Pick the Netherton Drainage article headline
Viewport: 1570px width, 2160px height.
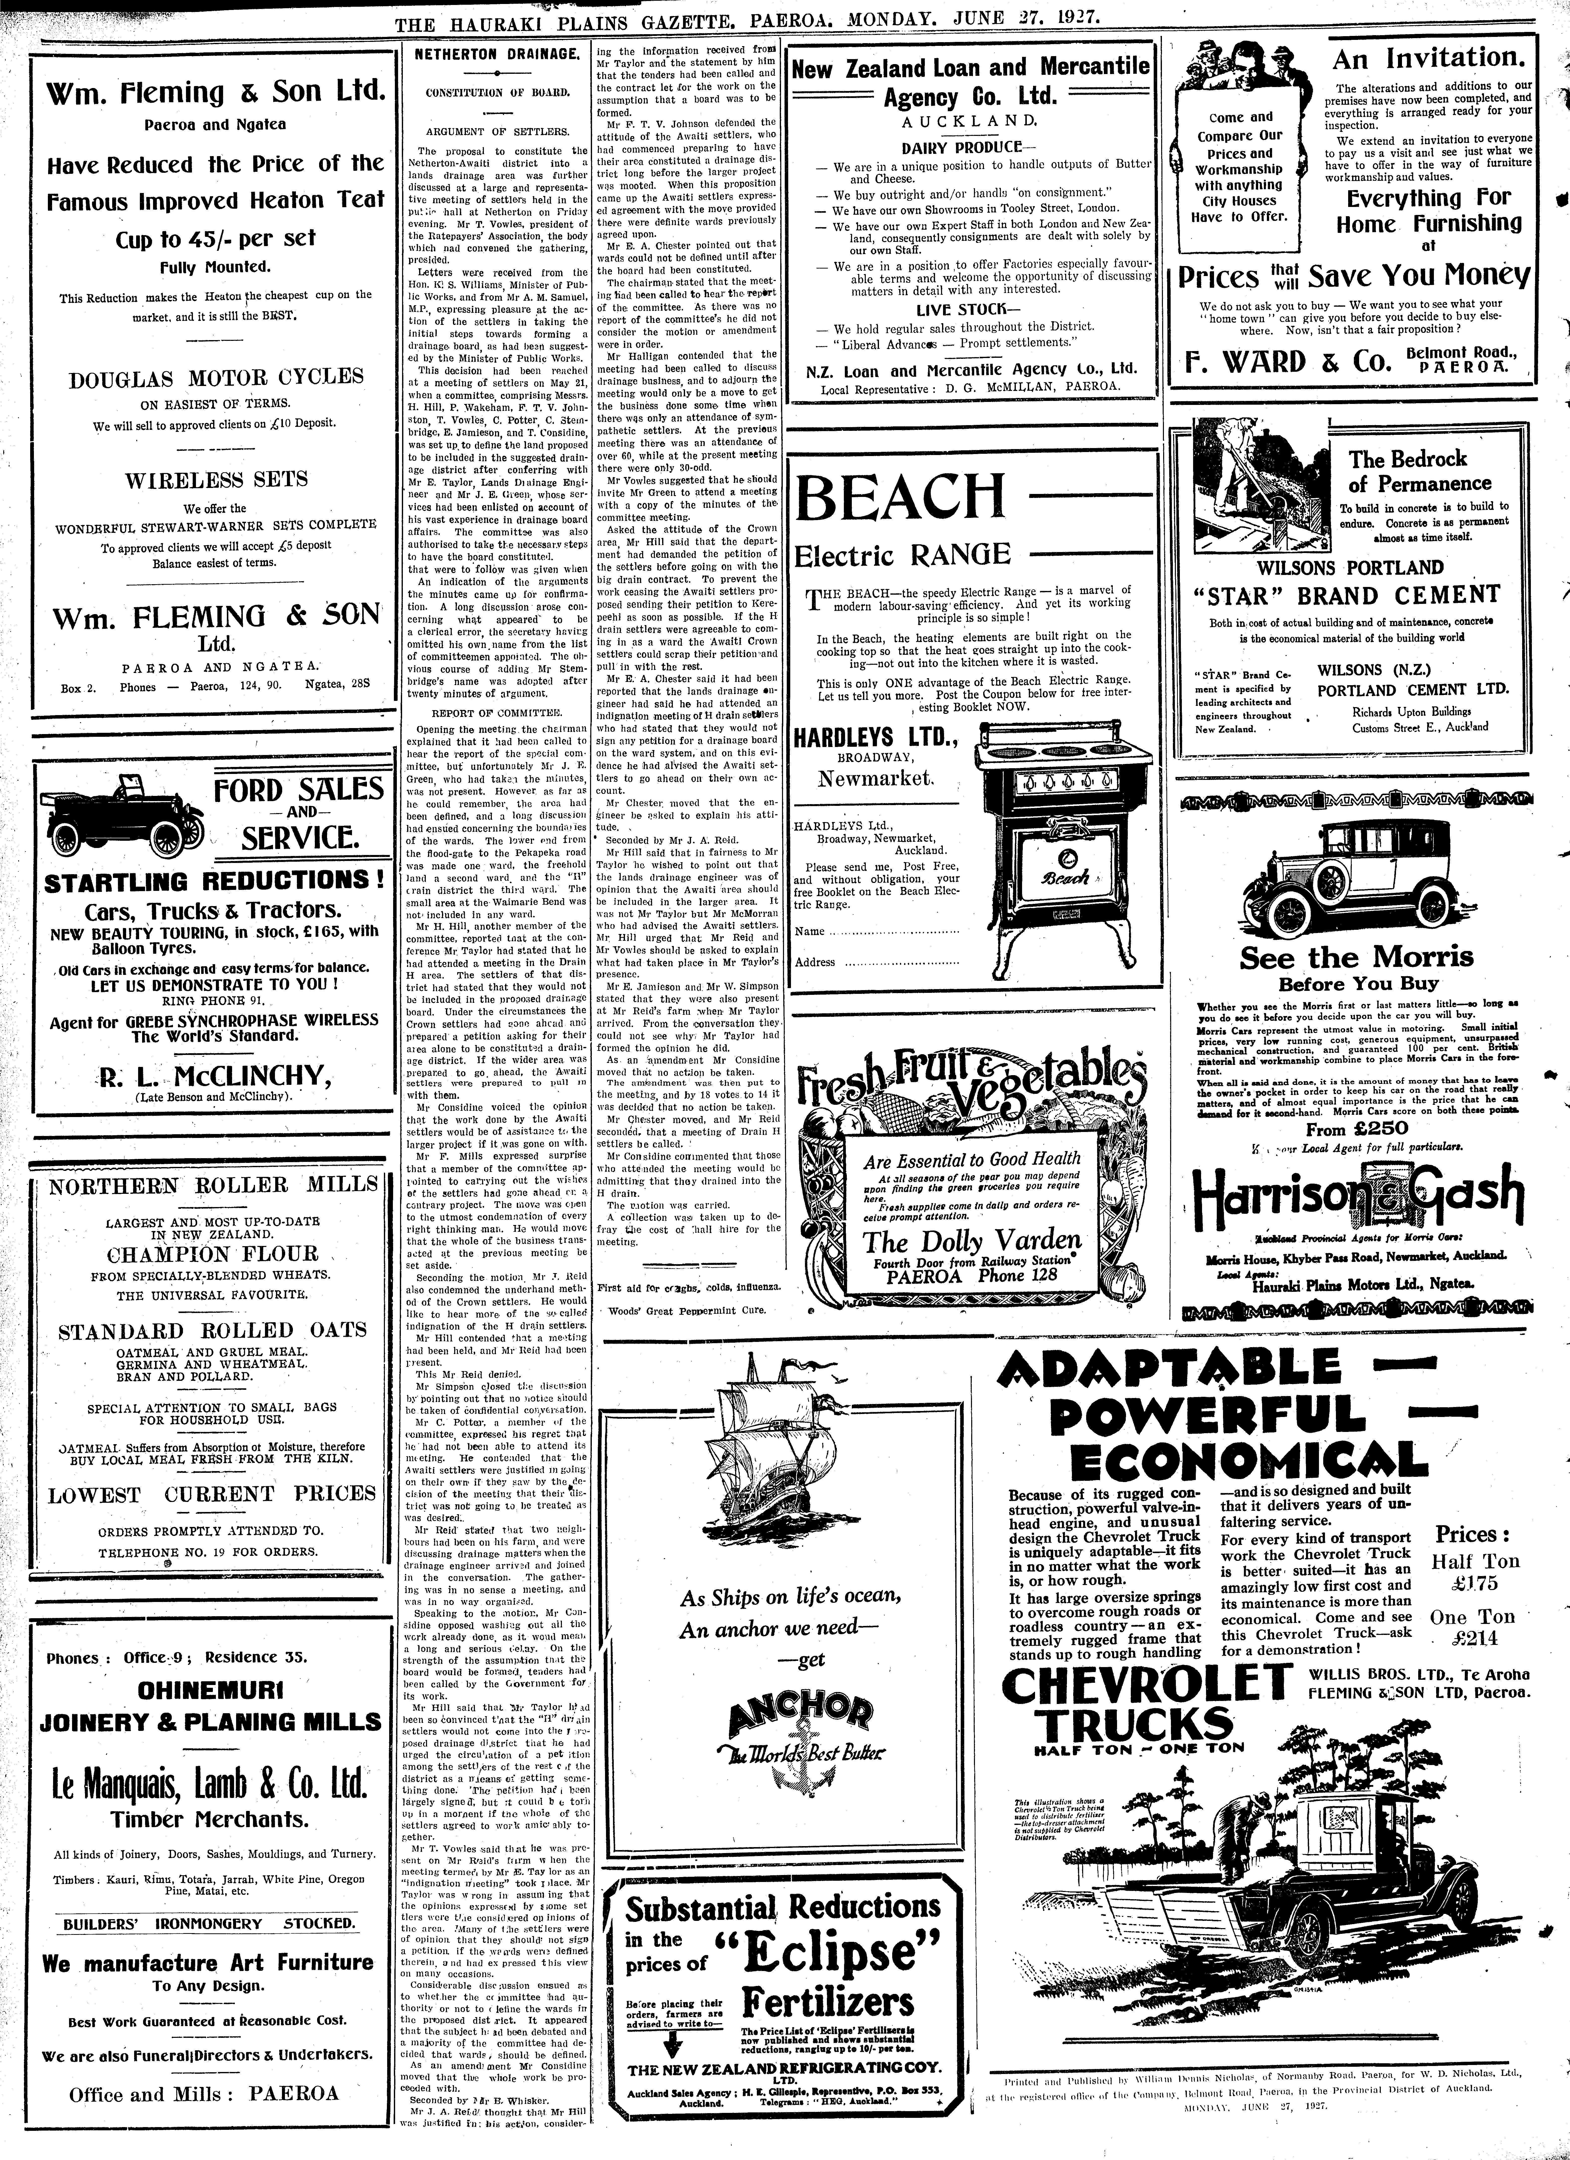point(497,55)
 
